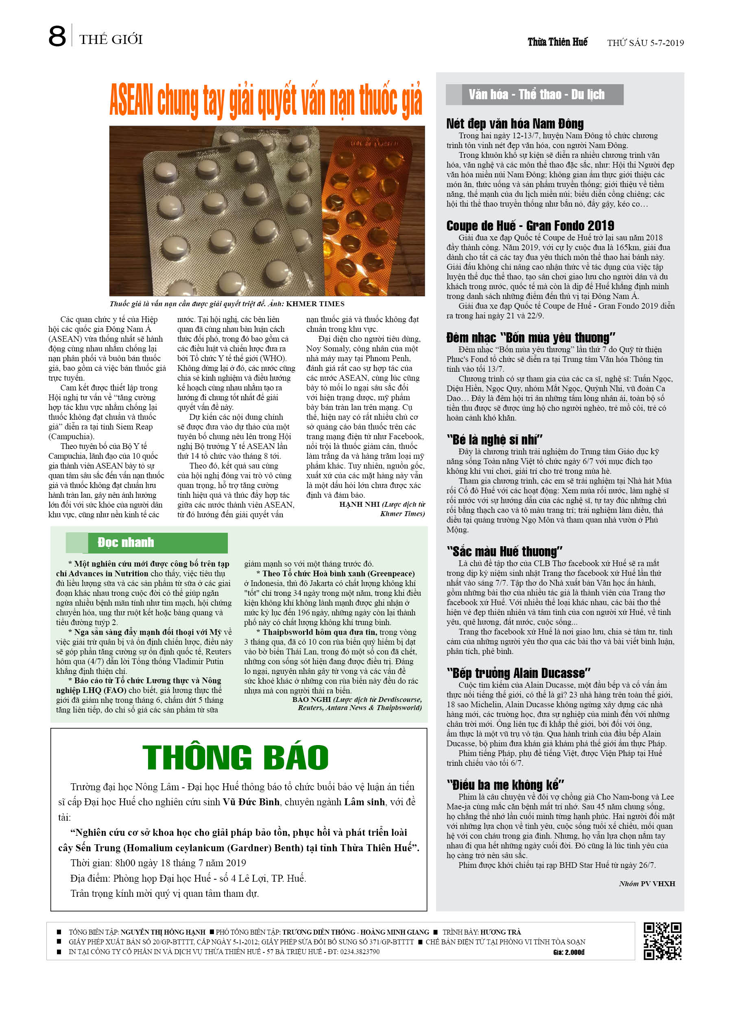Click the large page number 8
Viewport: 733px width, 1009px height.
click(57, 37)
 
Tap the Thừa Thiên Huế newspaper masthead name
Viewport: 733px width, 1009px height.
click(557, 42)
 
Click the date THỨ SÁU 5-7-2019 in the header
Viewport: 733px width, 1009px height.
click(645, 43)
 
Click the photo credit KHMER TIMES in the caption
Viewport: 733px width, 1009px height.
click(315, 304)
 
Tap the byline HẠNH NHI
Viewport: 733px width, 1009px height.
click(359, 504)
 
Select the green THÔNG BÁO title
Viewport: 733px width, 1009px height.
click(235, 757)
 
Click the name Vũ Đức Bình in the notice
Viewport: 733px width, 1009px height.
click(251, 802)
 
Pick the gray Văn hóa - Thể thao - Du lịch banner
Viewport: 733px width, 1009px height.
click(535, 95)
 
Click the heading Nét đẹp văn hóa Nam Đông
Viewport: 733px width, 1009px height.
click(515, 124)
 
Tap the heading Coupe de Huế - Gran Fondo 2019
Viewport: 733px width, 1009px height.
click(530, 226)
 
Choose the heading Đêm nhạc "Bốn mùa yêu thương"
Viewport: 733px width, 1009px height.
click(530, 337)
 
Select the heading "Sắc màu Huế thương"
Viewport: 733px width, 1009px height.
click(504, 551)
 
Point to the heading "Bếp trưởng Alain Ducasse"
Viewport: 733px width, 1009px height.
click(518, 673)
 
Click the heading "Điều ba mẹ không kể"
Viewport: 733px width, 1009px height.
click(505, 785)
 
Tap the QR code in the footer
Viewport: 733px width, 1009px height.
click(662, 941)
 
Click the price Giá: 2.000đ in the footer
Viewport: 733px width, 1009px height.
click(568, 952)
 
